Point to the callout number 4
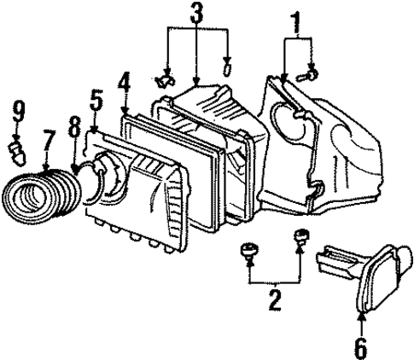click(x=125, y=84)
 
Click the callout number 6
click(x=359, y=346)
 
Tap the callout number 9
click(x=17, y=108)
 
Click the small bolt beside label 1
click(x=310, y=78)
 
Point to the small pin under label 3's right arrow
click(x=227, y=67)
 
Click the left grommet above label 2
click(x=249, y=250)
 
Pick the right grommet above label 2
click(x=300, y=238)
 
